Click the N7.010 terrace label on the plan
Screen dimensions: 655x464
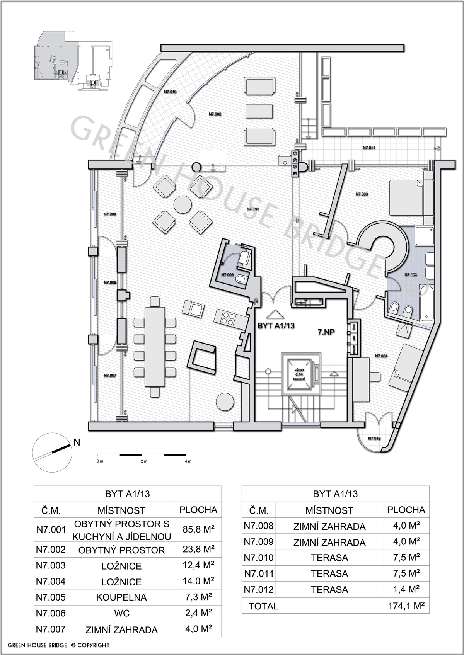point(170,92)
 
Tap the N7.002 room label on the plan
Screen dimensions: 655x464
point(215,114)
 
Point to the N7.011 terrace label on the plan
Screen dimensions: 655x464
point(369,148)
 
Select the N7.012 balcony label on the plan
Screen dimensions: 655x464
point(374,438)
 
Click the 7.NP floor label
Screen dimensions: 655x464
point(326,332)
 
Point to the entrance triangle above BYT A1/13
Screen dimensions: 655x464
point(275,314)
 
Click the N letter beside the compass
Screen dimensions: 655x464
point(77,442)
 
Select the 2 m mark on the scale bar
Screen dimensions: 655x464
point(144,461)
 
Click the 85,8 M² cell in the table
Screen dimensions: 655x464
point(198,529)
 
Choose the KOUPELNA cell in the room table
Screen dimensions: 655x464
point(121,597)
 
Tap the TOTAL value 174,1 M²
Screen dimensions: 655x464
point(406,606)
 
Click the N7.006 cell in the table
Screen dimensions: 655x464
point(51,613)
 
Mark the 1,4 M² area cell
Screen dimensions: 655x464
point(406,589)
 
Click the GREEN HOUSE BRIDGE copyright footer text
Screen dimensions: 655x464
point(58,645)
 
